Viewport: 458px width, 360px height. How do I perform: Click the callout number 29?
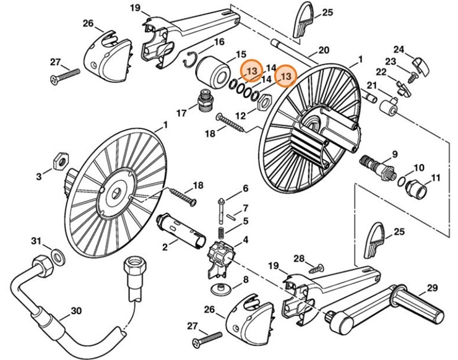431,288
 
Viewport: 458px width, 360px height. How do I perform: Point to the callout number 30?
77,311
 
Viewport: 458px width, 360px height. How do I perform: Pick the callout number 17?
181,113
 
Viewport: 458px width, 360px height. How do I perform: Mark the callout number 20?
323,50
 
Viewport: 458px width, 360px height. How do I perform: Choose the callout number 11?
435,178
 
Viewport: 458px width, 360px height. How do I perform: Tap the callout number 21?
372,85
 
